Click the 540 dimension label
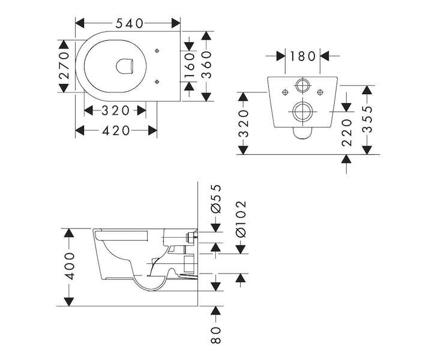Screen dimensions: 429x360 coord(129,23)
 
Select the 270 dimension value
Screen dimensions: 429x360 coord(64,65)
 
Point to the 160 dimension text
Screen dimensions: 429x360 coord(190,65)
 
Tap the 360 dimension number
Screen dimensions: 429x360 coord(206,65)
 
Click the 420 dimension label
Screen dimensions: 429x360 coord(116,131)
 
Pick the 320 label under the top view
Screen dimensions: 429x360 coord(115,111)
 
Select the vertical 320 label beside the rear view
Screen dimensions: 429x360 coord(243,123)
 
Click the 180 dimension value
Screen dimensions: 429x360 coord(302,56)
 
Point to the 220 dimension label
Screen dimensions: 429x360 coord(347,133)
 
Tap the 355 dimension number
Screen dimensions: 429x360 coord(367,119)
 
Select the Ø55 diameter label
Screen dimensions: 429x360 coord(216,199)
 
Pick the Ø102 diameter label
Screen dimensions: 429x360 coord(241,219)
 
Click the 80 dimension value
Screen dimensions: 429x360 coord(215,335)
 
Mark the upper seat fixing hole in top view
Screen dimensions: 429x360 coord(157,50)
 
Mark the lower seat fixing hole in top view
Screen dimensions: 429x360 coord(157,82)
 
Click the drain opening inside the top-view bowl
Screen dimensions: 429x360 coord(125,66)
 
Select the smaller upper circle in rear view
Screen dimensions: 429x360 coord(302,85)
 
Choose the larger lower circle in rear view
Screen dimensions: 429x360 coord(302,112)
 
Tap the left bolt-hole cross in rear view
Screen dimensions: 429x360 coord(285,92)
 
